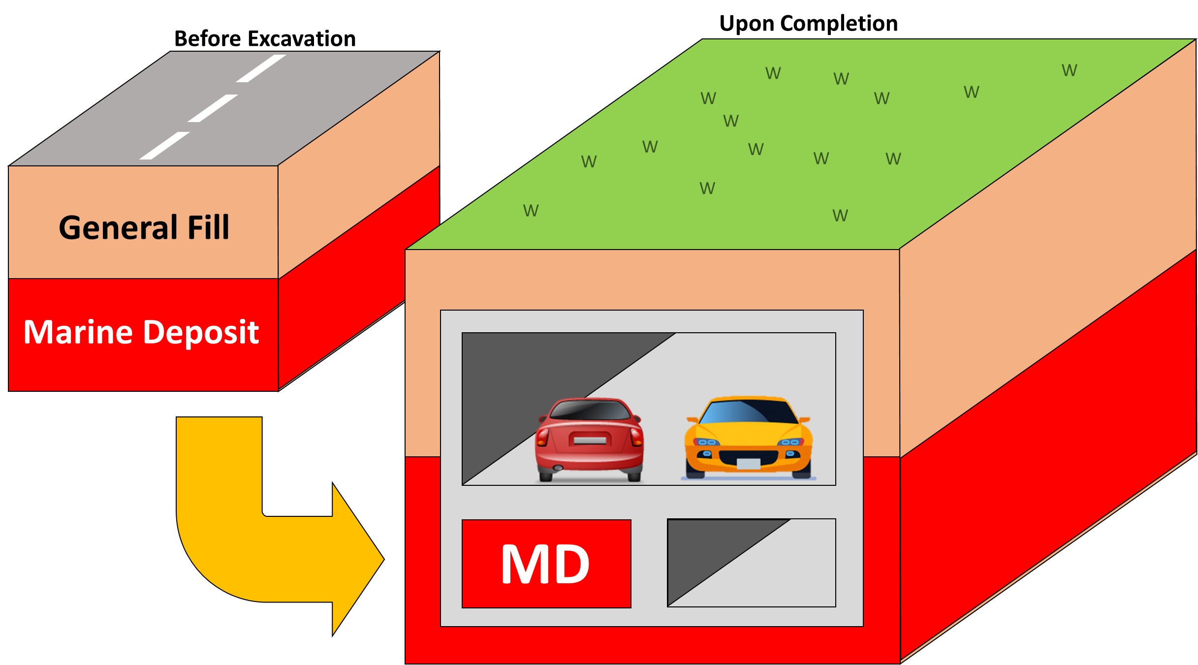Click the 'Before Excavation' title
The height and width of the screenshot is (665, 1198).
pos(265,39)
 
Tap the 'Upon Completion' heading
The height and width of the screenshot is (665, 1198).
pos(808,23)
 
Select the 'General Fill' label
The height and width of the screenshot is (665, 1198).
pos(144,227)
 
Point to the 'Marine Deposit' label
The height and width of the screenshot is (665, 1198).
pos(141,332)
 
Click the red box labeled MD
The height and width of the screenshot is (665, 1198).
pos(546,564)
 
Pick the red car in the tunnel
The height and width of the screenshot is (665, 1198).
pos(589,439)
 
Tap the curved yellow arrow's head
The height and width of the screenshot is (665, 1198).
pos(357,559)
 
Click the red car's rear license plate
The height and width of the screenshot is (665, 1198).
pos(590,440)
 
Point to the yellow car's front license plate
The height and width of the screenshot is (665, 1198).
pos(748,463)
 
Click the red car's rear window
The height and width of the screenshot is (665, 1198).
pos(589,410)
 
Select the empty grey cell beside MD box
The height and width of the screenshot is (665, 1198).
pos(751,563)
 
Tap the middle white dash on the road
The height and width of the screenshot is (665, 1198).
pos(213,108)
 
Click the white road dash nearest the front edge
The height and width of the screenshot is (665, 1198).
pos(164,146)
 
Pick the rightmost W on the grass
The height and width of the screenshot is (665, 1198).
pos(1069,70)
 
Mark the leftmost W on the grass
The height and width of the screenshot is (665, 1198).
pos(531,211)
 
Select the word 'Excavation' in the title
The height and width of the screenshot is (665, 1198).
pos(303,39)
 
